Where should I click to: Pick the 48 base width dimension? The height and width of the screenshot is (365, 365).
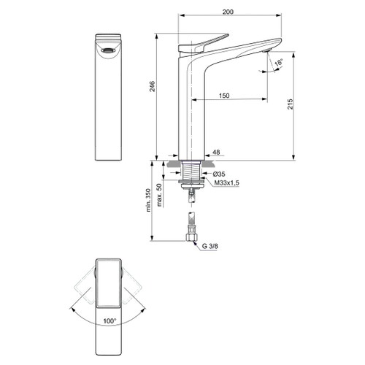tap(216, 153)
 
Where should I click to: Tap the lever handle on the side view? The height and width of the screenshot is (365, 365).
tap(209, 41)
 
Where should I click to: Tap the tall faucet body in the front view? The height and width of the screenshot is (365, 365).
tap(109, 109)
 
